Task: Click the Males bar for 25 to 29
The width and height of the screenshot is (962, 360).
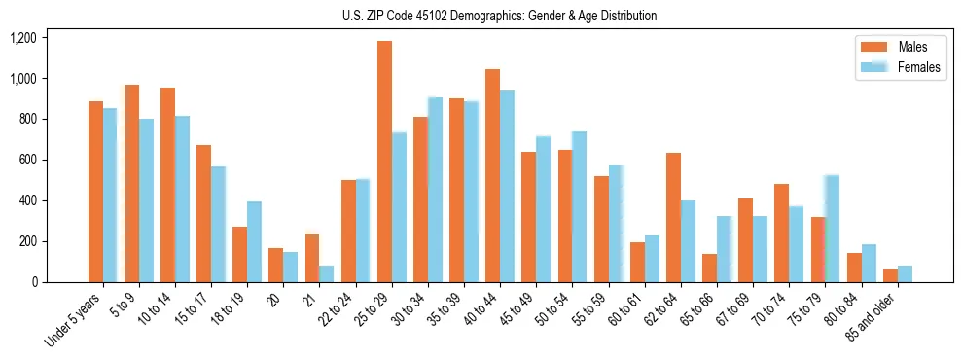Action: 385,162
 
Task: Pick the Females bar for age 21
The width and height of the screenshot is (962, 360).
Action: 327,273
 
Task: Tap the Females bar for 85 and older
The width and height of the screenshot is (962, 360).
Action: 905,273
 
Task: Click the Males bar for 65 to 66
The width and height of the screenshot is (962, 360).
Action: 709,268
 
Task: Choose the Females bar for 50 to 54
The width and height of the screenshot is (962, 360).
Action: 579,206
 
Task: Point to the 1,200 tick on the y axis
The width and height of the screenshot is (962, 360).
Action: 22,38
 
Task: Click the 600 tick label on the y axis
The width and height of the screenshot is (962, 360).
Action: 26,160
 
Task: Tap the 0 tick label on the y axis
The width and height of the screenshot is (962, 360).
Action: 33,282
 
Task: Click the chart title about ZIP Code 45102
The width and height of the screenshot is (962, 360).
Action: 499,16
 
